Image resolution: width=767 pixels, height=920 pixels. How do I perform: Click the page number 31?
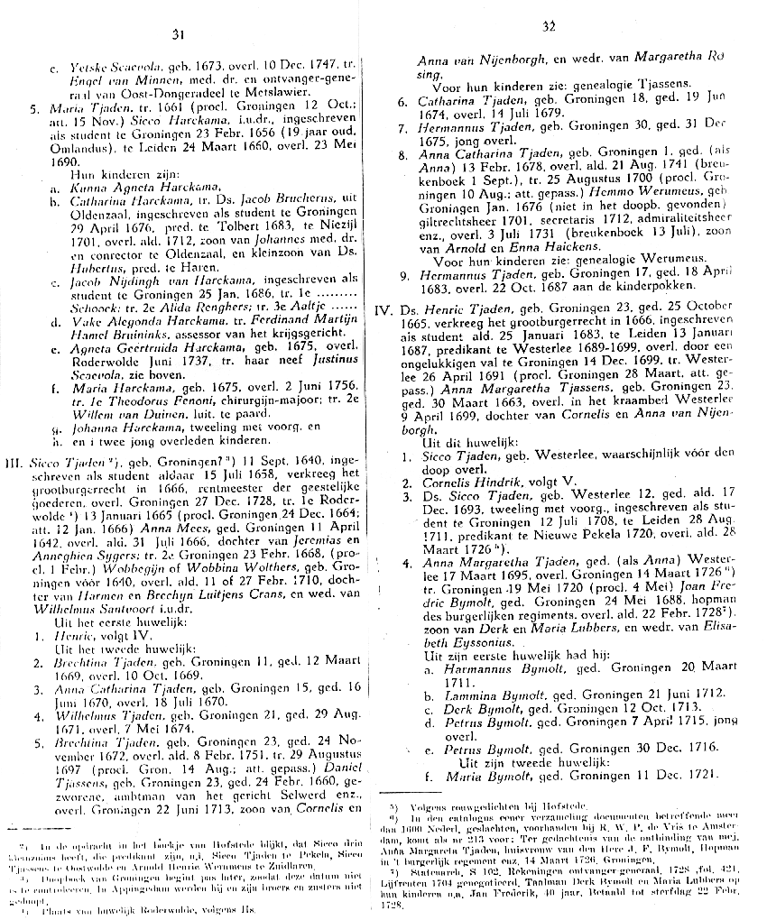tap(177, 34)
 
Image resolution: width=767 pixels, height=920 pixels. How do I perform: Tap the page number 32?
tap(549, 28)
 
